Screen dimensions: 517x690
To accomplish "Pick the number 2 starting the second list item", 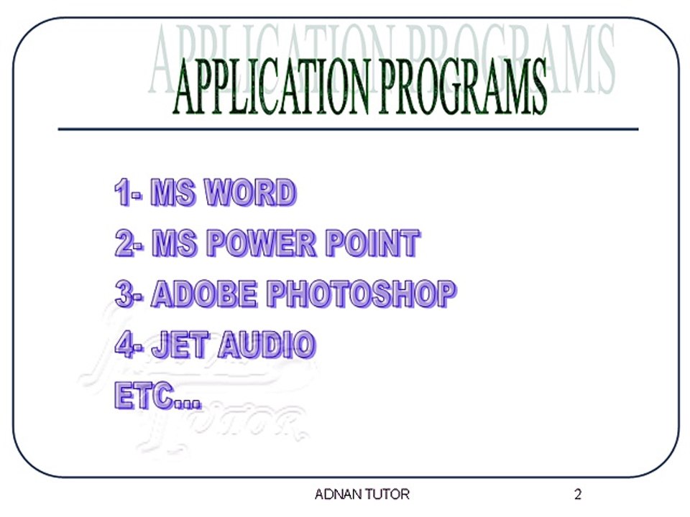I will click(124, 244).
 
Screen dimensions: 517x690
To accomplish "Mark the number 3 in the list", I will click(124, 294).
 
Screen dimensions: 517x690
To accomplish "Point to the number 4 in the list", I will click(124, 345).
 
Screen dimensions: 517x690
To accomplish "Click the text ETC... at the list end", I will click(157, 396).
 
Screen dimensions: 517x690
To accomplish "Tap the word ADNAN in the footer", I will click(340, 495).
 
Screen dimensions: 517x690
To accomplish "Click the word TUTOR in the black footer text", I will click(389, 495).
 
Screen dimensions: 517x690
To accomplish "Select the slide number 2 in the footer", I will click(578, 495).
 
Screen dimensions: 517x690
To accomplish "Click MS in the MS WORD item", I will click(173, 194).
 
